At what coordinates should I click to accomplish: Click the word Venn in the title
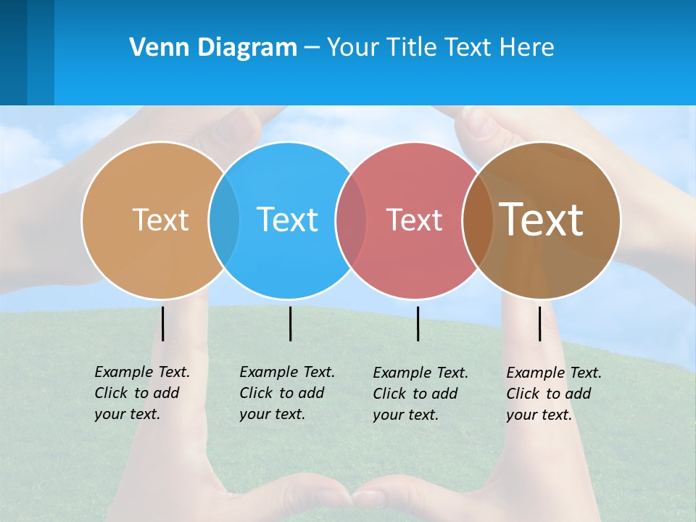pyautogui.click(x=155, y=48)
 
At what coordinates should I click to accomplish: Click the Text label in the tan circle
pyautogui.click(x=160, y=220)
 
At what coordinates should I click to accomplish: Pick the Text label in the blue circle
pyautogui.click(x=288, y=220)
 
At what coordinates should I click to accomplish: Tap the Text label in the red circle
pyautogui.click(x=414, y=220)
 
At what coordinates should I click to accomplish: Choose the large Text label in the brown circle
pyautogui.click(x=542, y=219)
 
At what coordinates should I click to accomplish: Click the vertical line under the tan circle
pyautogui.click(x=163, y=323)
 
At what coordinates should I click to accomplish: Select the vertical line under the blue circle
pyautogui.click(x=290, y=323)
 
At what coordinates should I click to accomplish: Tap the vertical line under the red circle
pyautogui.click(x=418, y=323)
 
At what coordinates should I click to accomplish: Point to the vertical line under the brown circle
pyautogui.click(x=540, y=323)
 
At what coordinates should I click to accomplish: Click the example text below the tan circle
pyautogui.click(x=141, y=393)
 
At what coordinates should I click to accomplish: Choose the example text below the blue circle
pyautogui.click(x=286, y=393)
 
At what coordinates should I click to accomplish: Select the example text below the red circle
pyautogui.click(x=420, y=394)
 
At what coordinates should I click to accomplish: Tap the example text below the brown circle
pyautogui.click(x=553, y=394)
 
